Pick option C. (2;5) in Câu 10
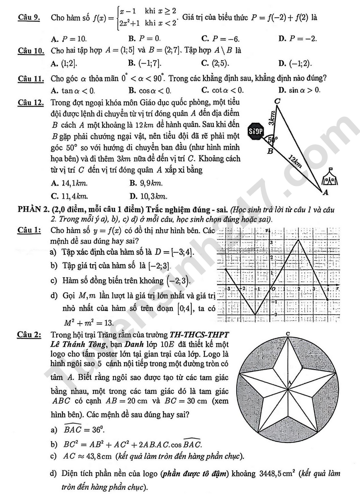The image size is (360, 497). pyautogui.click(x=215, y=63)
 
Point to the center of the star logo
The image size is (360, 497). pyautogui.click(x=288, y=386)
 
